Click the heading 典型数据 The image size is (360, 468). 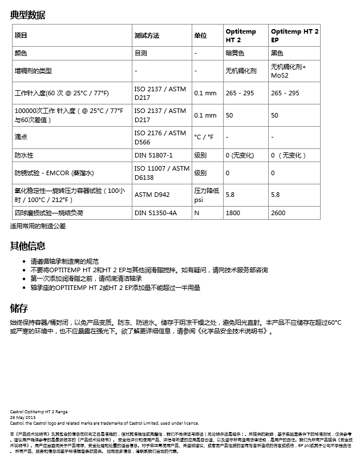pos(27,15)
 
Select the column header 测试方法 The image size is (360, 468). pos(147,35)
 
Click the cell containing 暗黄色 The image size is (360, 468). pos(235,53)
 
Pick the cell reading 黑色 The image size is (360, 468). pos(277,53)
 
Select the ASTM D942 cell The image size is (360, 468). pos(152,195)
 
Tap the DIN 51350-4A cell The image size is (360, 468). pos(155,213)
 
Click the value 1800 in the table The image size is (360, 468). pos(233,213)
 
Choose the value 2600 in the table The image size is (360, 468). pos(278,213)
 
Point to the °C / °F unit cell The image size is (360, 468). pos(204,137)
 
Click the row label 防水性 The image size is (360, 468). pos(24,155)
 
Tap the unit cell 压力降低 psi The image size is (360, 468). pos(207,195)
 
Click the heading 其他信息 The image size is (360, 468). pos(27,246)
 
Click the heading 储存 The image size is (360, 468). pos(19,309)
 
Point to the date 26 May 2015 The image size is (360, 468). pos(23,417)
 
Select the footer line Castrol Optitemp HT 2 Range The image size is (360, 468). pos(39,411)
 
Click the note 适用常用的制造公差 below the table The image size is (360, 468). pos(38,226)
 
